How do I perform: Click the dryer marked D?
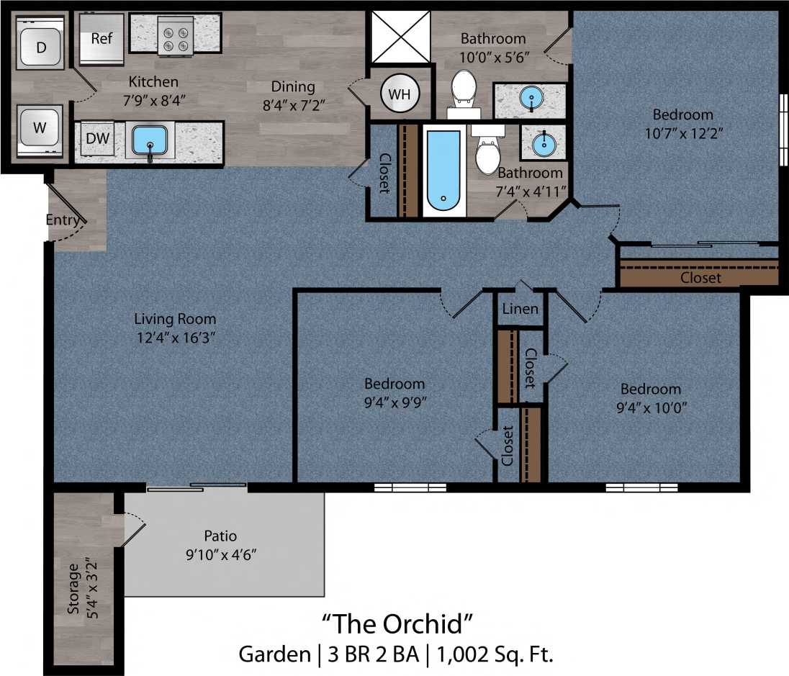(41, 48)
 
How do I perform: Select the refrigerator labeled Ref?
(102, 37)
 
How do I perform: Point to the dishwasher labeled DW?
(98, 138)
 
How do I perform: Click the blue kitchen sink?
(150, 140)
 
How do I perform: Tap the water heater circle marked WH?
(398, 94)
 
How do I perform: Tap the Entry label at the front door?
(63, 220)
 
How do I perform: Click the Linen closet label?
(520, 309)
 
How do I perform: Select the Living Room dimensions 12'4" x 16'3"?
(175, 338)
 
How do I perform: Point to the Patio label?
(220, 536)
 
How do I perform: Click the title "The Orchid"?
(397, 621)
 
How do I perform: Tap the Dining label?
(293, 86)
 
